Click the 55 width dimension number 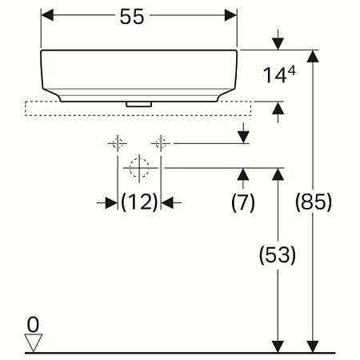pyautogui.click(x=138, y=17)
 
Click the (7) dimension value pyautogui.click(x=242, y=203)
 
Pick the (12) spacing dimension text pyautogui.click(x=139, y=203)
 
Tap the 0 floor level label pyautogui.click(x=32, y=324)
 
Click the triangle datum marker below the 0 pyautogui.click(x=32, y=342)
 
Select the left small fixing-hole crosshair pyautogui.click(x=118, y=143)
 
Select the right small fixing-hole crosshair pyautogui.click(x=161, y=143)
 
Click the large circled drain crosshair pyautogui.click(x=139, y=168)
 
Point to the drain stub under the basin pyautogui.click(x=139, y=103)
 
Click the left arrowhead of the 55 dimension pyautogui.click(x=47, y=16)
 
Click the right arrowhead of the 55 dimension pyautogui.click(x=231, y=16)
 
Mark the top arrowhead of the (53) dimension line pyautogui.click(x=278, y=175)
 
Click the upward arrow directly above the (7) pyautogui.click(x=242, y=175)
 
